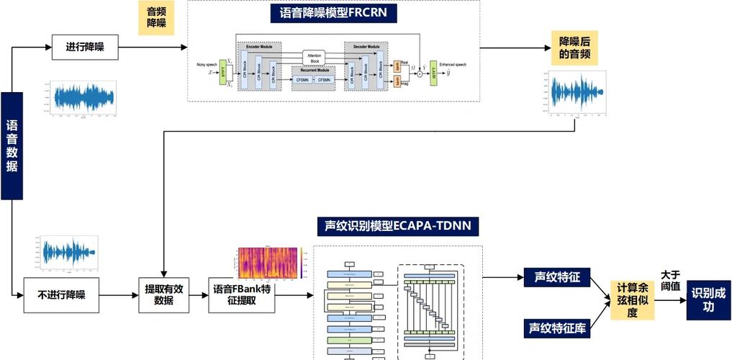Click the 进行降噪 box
[x=86, y=48]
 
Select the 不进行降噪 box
[x=60, y=294]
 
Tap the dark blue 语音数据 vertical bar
[x=12, y=145]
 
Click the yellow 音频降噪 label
[x=156, y=17]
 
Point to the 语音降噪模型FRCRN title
[x=333, y=13]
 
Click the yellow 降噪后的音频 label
[x=574, y=47]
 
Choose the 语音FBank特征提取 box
[x=241, y=294]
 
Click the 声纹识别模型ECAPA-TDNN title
[x=398, y=227]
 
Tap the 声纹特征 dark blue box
[x=557, y=276]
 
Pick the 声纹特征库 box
[x=557, y=328]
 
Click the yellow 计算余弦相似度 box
[x=632, y=300]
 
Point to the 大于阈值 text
[x=670, y=279]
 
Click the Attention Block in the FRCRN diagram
[x=315, y=58]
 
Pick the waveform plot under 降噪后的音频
[x=574, y=94]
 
